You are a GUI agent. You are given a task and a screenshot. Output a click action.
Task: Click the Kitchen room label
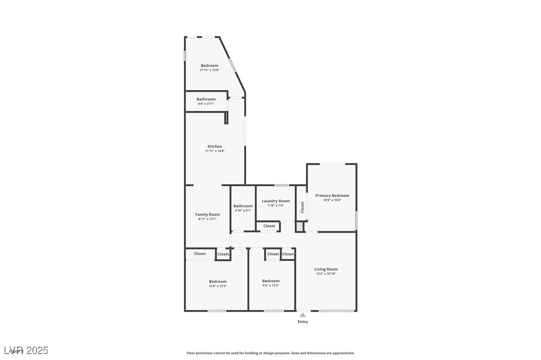tap(215, 146)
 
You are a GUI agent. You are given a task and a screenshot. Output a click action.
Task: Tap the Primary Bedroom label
tap(332, 196)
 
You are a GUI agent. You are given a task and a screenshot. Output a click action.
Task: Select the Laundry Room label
tap(275, 201)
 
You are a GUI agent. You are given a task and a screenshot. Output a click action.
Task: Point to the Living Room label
tap(326, 269)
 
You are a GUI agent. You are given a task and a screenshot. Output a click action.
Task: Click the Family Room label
tap(207, 215)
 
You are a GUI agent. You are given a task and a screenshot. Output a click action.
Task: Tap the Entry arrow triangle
tap(302, 315)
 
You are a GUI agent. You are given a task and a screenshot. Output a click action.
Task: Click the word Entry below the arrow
tap(303, 322)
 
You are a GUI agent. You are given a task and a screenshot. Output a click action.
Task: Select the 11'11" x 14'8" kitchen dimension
tap(215, 151)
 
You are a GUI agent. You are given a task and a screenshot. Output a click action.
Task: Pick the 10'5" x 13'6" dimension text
tap(332, 200)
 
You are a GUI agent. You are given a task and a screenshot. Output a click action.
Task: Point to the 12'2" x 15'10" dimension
tap(326, 274)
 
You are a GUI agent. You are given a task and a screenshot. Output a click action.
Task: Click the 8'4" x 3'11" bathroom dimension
tap(206, 104)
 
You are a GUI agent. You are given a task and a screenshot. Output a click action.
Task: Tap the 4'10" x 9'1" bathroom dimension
tap(243, 210)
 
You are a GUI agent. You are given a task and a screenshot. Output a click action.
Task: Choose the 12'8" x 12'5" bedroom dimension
tap(218, 286)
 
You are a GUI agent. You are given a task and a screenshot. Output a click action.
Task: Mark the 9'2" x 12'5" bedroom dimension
tap(271, 285)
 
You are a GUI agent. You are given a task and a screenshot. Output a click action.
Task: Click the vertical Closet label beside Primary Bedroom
tap(302, 207)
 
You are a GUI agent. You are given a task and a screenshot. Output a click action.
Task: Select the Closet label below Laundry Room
tap(269, 226)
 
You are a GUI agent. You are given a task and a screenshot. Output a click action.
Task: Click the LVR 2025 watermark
tap(25, 351)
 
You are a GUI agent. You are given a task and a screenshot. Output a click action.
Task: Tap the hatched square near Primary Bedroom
tap(299, 227)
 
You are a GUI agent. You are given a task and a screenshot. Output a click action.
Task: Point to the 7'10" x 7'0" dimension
tap(275, 206)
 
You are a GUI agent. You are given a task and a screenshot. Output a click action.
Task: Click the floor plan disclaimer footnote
tap(270, 353)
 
